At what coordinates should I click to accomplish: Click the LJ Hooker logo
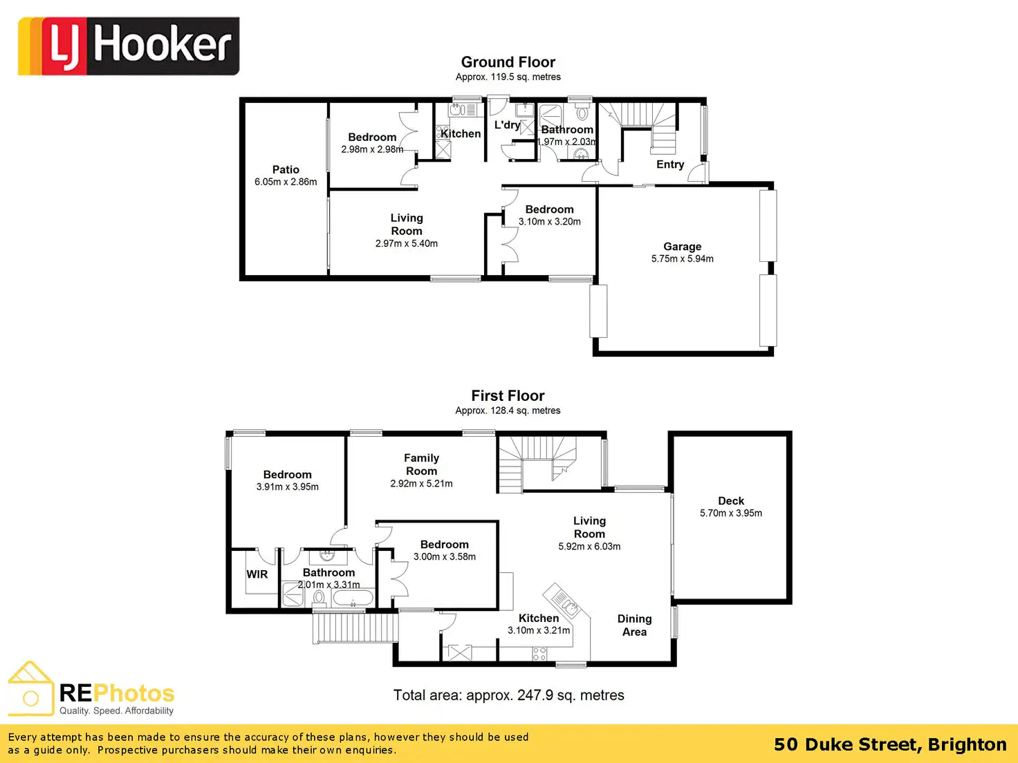129,46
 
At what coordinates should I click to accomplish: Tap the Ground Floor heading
508,62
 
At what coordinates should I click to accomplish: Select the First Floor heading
508,396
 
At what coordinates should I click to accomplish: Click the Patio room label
286,169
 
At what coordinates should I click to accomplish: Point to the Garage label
682,247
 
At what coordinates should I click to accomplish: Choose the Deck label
731,501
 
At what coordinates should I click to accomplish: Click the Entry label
670,164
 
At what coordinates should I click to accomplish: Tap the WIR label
257,574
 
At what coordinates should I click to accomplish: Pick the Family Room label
421,464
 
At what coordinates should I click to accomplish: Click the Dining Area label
634,625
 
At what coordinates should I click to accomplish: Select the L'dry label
507,125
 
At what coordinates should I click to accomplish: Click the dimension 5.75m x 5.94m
682,259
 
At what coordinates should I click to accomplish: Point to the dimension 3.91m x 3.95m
287,487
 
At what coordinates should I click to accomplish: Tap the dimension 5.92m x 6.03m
589,547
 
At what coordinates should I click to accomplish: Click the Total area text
508,695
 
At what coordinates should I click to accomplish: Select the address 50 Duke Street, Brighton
890,744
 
